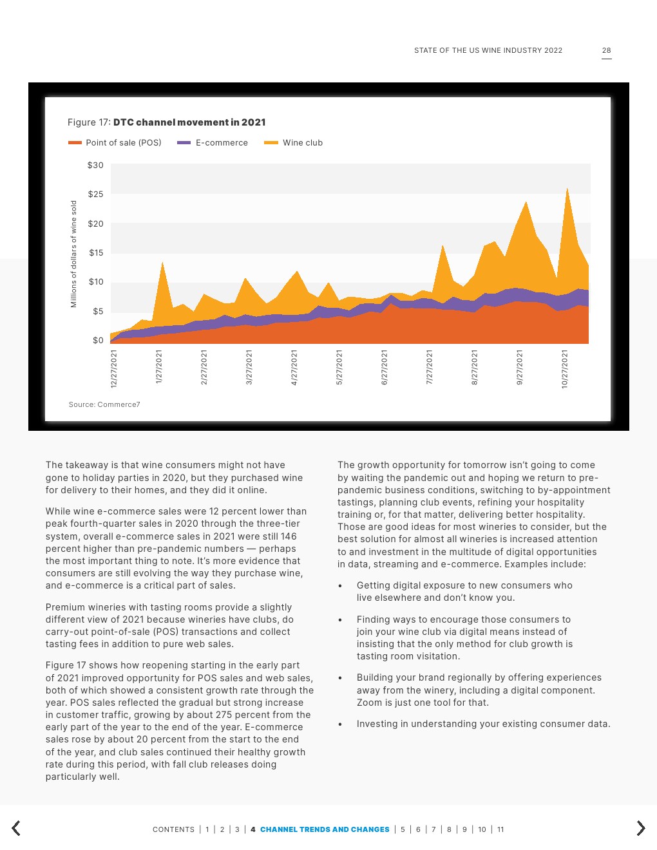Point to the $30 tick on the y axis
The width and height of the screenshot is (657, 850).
(x=95, y=165)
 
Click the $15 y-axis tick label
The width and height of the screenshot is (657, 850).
(x=96, y=253)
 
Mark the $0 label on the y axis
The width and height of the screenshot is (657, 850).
(x=98, y=341)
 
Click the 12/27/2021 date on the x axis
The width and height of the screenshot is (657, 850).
(x=114, y=368)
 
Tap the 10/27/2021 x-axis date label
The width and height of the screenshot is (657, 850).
(x=565, y=369)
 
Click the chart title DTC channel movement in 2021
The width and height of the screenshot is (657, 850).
(x=189, y=122)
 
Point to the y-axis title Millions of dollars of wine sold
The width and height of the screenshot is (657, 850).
(x=73, y=254)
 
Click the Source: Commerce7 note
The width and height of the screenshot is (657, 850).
(x=104, y=404)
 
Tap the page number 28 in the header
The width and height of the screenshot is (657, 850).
(x=607, y=50)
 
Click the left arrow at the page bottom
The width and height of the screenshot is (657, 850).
(x=16, y=828)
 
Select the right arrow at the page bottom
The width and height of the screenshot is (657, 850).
(x=640, y=828)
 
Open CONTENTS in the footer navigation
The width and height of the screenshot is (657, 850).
(x=173, y=829)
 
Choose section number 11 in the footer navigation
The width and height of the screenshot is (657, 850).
(x=500, y=829)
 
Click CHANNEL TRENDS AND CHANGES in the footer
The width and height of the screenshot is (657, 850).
(x=325, y=829)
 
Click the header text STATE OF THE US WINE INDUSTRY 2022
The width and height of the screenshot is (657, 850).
(x=488, y=50)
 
